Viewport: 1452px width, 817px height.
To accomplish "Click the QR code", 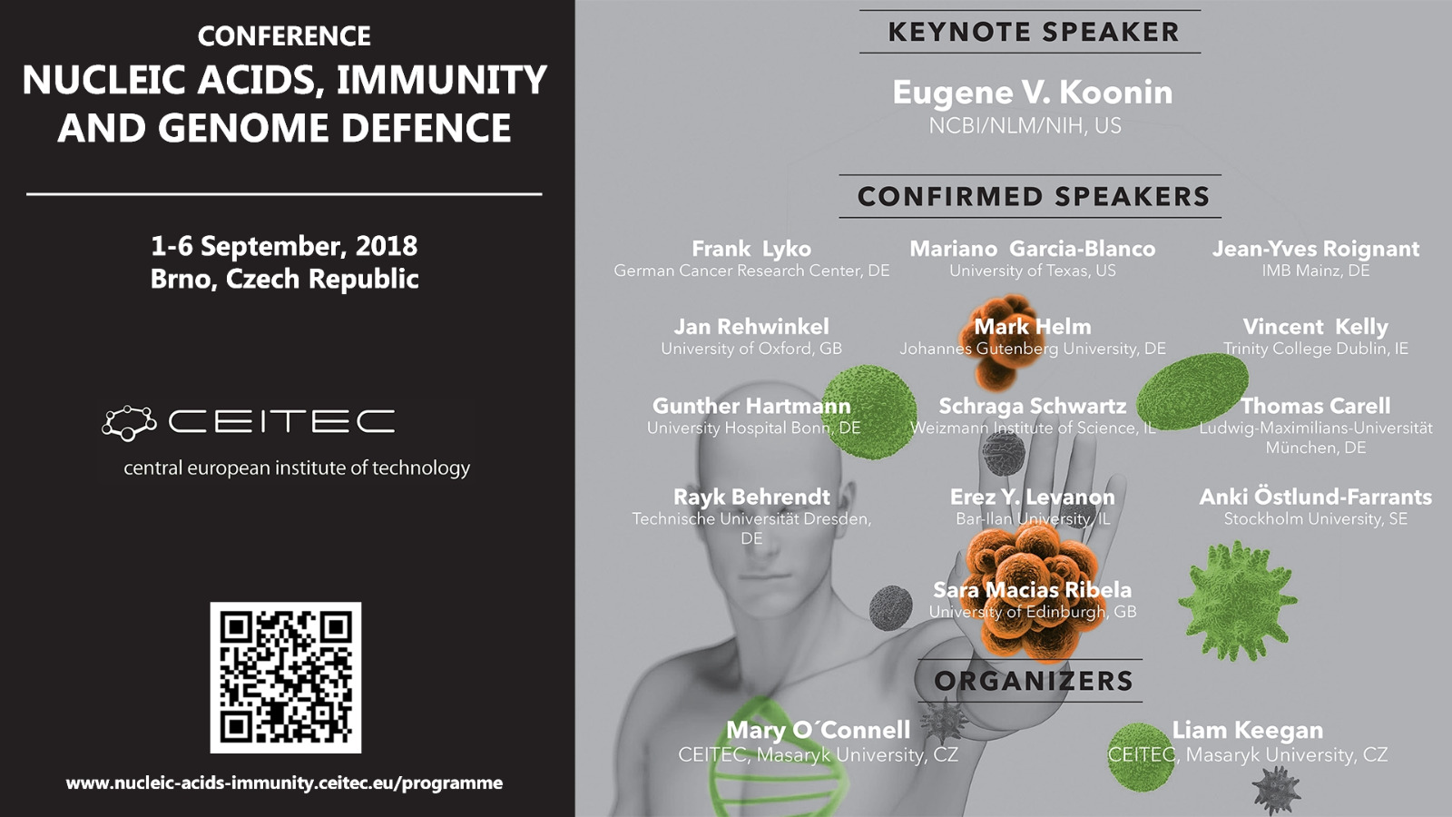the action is tap(285, 677).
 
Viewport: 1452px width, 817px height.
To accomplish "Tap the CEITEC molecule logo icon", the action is tap(129, 423).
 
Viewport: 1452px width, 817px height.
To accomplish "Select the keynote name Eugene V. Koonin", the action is tap(1033, 93).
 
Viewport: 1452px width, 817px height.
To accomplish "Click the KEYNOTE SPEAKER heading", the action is tap(1034, 32).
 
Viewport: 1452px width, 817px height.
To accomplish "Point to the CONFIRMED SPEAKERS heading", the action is tap(1034, 196).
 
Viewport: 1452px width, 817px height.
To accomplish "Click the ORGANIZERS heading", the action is tap(1034, 681).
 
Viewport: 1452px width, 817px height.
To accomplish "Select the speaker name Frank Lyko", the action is tap(751, 249).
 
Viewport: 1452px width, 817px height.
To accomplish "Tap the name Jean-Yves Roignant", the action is tap(1316, 249).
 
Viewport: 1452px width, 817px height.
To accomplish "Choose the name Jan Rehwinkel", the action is tap(751, 326).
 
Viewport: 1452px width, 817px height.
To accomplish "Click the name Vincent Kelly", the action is tap(1316, 326).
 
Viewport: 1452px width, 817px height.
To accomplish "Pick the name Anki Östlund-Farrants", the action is tap(1316, 496).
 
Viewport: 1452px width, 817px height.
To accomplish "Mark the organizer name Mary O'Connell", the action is tap(818, 730).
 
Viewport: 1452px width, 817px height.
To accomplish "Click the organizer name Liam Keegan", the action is tap(1248, 730).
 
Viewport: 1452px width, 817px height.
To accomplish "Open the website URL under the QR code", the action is tap(285, 783).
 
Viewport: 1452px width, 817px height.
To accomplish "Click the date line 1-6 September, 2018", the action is tap(285, 246).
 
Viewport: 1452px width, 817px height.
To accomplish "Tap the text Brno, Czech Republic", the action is tap(285, 279).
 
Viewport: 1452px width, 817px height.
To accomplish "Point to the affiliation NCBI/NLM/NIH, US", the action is tap(1025, 126).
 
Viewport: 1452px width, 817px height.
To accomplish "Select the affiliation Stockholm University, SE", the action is tap(1316, 518).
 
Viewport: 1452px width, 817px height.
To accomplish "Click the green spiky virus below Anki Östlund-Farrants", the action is tap(1237, 600).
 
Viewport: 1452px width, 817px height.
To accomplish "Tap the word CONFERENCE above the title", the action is tap(285, 36).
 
